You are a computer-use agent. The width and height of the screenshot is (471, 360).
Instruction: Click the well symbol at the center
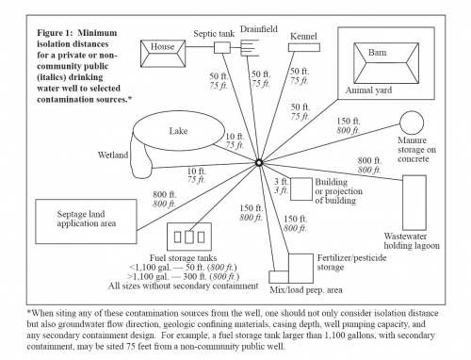pos(259,163)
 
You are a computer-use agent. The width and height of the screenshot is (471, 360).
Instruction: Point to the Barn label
pos(377,52)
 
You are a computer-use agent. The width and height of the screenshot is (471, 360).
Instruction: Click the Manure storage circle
pos(412,111)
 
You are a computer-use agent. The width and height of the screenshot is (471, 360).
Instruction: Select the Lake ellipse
pos(179,112)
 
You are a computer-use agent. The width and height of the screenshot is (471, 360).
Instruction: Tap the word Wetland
pos(113,155)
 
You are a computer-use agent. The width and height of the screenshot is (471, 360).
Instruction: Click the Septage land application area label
pos(87,219)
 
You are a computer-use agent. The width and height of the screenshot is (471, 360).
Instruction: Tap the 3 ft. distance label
pos(281,182)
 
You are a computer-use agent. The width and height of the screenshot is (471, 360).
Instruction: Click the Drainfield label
pos(259,29)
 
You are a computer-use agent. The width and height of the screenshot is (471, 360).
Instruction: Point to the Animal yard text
pos(368,90)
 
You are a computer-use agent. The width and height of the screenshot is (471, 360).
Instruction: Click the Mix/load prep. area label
pos(306,289)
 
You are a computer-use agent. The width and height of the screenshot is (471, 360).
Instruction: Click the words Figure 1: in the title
pos(56,33)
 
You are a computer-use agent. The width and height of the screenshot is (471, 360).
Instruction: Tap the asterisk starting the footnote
pos(29,312)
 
